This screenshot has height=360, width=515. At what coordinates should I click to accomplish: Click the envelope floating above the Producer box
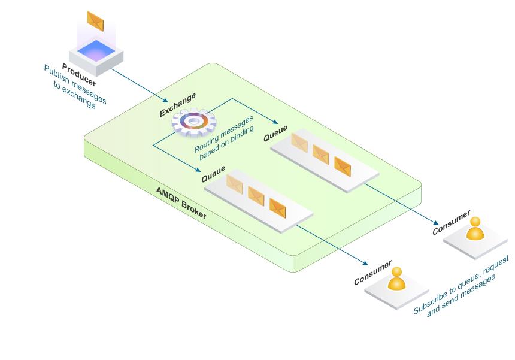[95, 21]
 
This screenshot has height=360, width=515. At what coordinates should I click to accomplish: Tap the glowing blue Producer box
[96, 52]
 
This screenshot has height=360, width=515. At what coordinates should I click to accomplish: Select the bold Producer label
[79, 78]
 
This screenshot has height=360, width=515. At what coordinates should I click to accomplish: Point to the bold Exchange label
[178, 104]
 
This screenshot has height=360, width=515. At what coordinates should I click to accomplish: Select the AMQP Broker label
[181, 203]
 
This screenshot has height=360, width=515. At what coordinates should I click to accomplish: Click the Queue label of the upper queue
[275, 133]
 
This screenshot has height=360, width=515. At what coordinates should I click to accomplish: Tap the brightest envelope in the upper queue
[343, 165]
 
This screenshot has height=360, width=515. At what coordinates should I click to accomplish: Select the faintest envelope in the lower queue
[234, 185]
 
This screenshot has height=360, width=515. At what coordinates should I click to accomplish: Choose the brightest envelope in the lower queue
[278, 207]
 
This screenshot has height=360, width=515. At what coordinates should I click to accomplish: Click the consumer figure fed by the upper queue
[475, 229]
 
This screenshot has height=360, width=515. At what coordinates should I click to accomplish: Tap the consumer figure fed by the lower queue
[396, 280]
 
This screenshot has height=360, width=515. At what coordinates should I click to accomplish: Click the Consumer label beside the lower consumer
[372, 273]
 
